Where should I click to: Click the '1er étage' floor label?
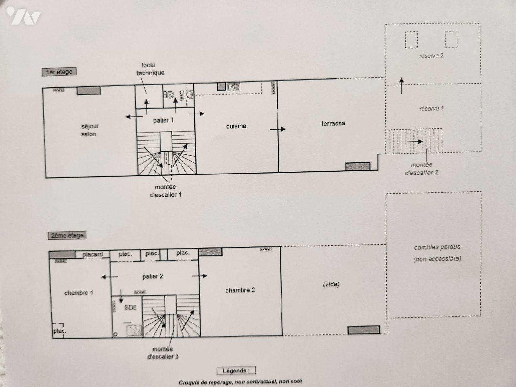(59, 72)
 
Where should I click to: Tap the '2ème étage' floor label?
(67, 235)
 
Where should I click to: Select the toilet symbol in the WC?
(169, 94)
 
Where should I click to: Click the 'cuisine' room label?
(236, 126)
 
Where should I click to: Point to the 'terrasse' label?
(333, 124)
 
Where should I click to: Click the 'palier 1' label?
(163, 120)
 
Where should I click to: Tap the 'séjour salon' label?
(90, 130)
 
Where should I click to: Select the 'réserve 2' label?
(431, 56)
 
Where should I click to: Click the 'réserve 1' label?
(431, 109)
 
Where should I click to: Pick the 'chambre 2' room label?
(240, 290)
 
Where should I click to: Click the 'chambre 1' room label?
(79, 293)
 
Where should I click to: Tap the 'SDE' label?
(131, 307)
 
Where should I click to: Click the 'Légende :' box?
(236, 371)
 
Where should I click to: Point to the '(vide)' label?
(331, 284)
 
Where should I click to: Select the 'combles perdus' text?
(437, 247)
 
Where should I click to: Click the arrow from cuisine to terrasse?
(277, 129)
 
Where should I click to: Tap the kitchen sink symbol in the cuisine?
(233, 87)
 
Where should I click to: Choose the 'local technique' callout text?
(150, 69)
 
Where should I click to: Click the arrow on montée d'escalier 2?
(415, 142)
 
